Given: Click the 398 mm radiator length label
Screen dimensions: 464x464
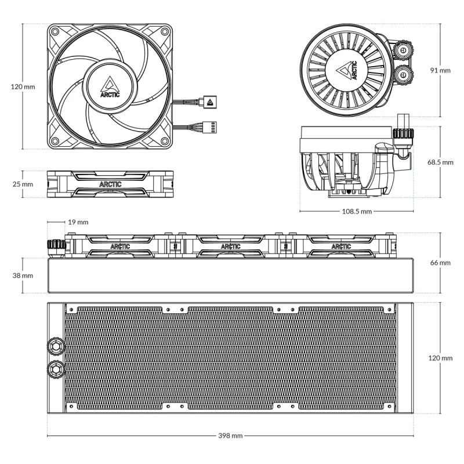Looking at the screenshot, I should pyautogui.click(x=231, y=435).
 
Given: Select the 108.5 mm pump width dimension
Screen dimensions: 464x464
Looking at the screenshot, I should pyautogui.click(x=356, y=211).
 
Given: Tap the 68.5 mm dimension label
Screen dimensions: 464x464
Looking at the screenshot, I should pyautogui.click(x=440, y=162).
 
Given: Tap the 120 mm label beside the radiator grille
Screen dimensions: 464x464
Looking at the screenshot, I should pyautogui.click(x=440, y=358).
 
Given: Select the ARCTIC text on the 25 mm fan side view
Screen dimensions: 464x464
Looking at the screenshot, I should pyautogui.click(x=110, y=184).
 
